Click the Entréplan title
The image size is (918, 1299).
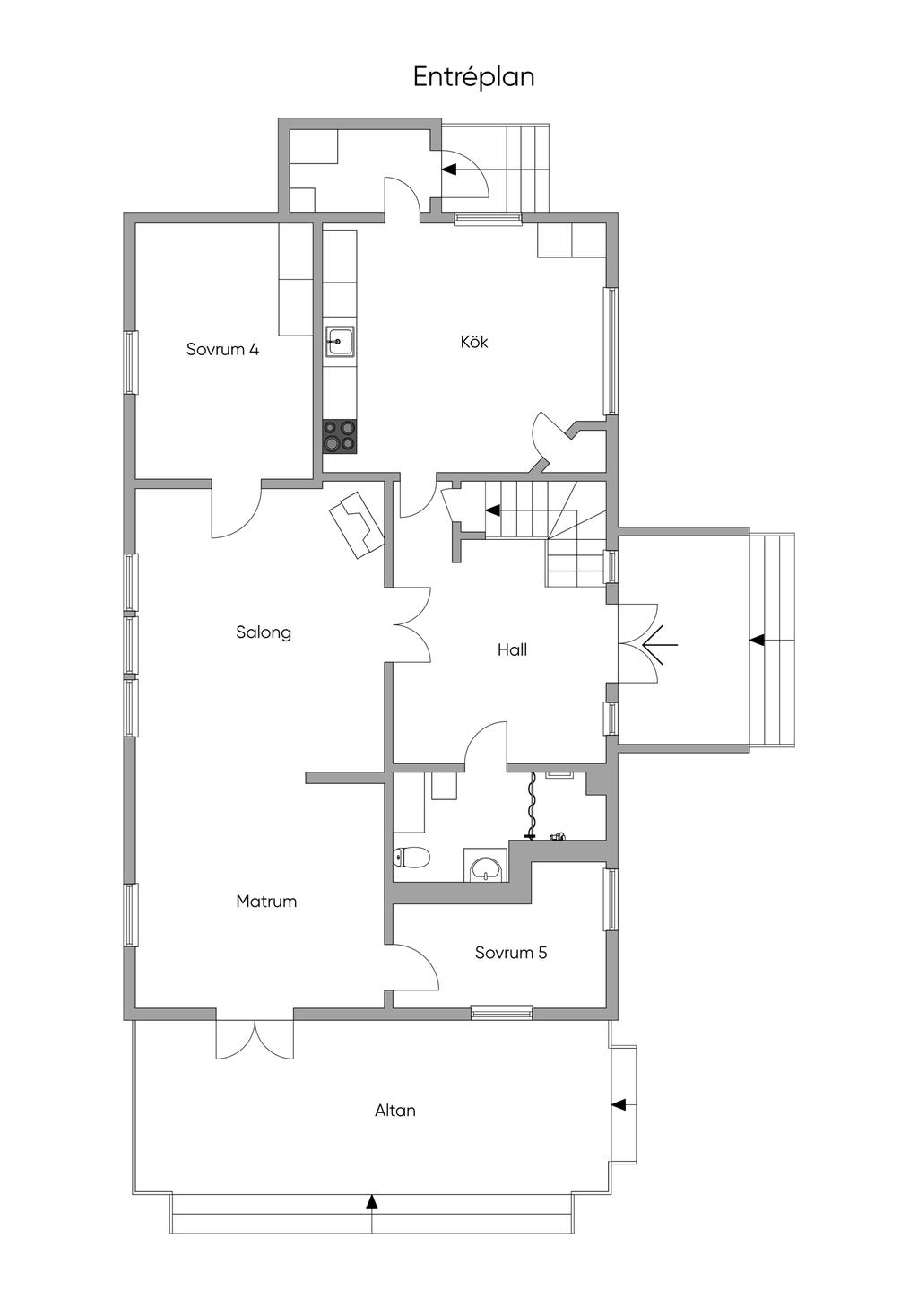point(473,78)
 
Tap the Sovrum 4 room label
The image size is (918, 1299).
point(222,349)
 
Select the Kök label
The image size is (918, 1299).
point(474,342)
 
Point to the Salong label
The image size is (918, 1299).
point(263,632)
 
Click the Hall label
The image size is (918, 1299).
point(512,649)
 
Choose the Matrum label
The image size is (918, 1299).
point(266,902)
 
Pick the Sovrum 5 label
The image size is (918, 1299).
point(511,952)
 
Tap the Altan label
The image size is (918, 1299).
point(395,1111)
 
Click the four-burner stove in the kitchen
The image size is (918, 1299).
point(340,437)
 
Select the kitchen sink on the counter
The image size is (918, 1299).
point(340,342)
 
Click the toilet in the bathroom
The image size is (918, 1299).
point(411,857)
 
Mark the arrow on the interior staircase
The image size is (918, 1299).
point(492,510)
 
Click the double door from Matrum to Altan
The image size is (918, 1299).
point(255,1040)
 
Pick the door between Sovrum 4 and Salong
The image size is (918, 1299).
point(237,509)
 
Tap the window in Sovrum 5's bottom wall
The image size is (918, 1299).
point(501,1012)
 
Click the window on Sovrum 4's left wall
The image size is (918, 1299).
point(131,362)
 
